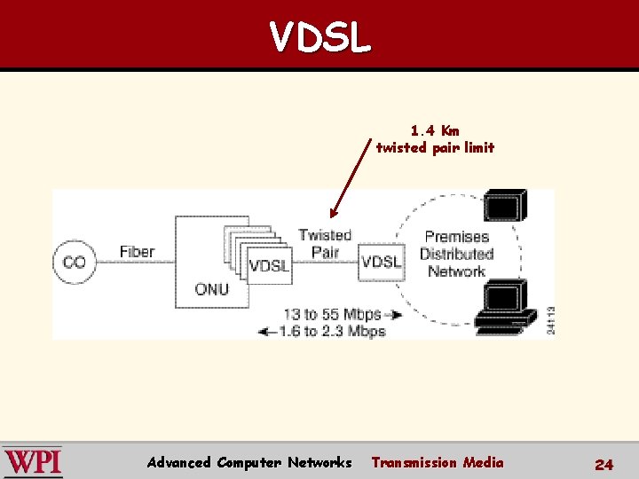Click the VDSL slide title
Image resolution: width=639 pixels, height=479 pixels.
tap(319, 37)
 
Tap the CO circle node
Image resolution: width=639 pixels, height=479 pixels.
tap(75, 263)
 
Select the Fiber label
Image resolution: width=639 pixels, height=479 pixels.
tap(137, 252)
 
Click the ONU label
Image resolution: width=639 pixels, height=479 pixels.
tap(211, 289)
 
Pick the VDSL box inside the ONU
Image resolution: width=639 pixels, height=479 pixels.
tap(269, 265)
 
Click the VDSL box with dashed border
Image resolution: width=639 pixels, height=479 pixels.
tap(381, 262)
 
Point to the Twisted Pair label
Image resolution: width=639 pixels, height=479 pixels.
tap(325, 243)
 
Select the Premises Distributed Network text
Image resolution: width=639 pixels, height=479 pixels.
tap(456, 254)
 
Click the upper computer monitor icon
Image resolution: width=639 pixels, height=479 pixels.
tap(505, 207)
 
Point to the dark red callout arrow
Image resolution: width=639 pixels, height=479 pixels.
tap(349, 177)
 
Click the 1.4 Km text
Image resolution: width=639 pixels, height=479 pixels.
tap(435, 130)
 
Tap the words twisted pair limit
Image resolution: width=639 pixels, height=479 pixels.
tap(435, 147)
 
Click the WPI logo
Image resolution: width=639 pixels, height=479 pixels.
tap(32, 462)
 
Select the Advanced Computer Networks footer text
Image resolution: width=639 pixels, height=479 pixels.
tap(249, 462)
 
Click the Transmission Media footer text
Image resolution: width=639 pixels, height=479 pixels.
tap(437, 462)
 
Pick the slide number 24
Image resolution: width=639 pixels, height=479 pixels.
tap(603, 464)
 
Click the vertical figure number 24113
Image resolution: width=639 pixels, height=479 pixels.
tap(550, 319)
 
